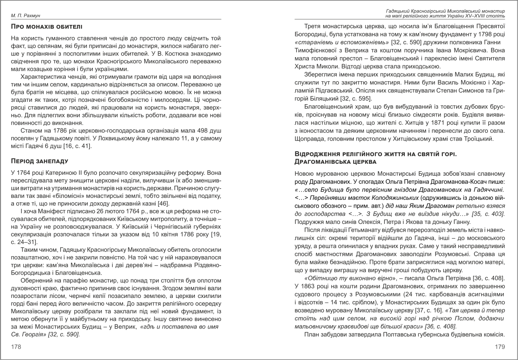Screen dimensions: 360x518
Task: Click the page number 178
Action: pos(16,347)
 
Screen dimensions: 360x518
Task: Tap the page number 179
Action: pos(500,347)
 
